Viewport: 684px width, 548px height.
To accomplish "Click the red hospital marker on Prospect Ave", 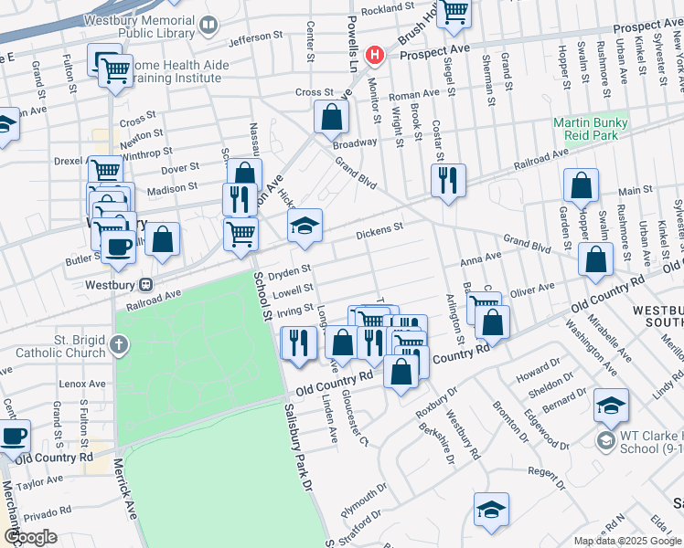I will pos(373,56).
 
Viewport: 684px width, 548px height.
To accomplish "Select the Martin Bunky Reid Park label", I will pos(590,129).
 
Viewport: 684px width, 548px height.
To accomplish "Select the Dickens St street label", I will pos(379,228).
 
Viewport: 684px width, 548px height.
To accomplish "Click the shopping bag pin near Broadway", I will pos(331,117).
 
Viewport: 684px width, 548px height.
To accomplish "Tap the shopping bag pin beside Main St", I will pos(581,185).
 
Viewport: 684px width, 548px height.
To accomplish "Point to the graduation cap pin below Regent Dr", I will pos(491,509).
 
